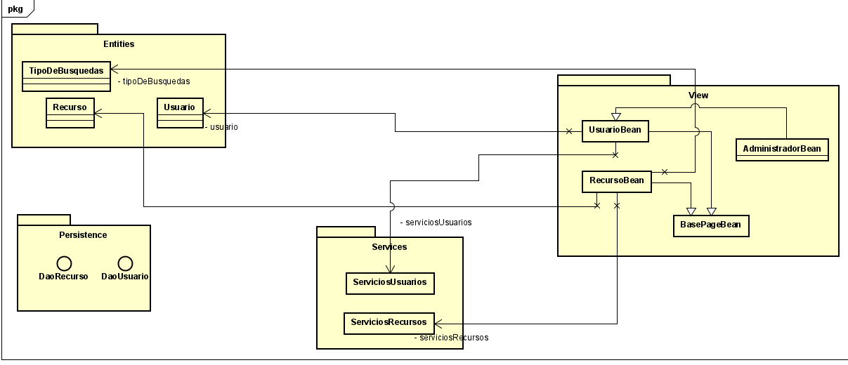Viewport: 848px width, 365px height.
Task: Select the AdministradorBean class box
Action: point(782,150)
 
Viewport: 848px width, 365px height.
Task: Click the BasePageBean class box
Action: point(710,226)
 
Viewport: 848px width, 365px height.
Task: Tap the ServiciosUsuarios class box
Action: point(390,283)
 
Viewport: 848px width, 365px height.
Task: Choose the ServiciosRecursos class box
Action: point(389,323)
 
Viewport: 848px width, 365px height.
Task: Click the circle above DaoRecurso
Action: point(64,263)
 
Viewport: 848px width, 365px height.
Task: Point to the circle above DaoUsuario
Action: point(125,263)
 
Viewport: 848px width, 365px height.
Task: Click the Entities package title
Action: point(118,44)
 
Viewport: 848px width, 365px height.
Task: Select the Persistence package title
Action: point(84,235)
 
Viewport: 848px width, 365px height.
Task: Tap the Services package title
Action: point(389,247)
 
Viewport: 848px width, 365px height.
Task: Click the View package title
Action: point(698,95)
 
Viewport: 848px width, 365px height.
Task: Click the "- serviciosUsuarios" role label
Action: point(436,223)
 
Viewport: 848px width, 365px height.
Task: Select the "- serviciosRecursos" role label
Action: point(451,338)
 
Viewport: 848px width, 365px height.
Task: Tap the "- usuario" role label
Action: point(221,128)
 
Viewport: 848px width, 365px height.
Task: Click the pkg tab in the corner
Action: point(15,8)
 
